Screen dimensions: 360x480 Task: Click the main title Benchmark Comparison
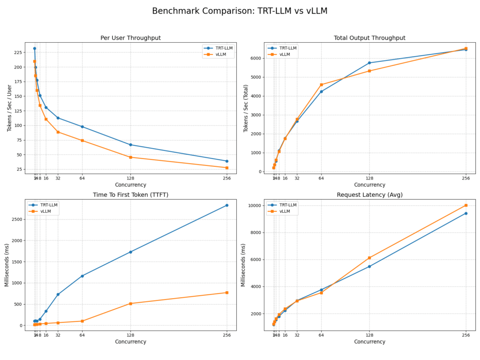point(240,11)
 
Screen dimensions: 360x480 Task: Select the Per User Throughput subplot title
point(130,38)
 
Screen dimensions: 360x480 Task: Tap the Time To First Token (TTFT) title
point(130,195)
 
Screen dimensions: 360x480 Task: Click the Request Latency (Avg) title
point(369,195)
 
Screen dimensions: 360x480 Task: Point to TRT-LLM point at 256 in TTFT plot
point(227,205)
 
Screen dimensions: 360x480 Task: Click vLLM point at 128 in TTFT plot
point(130,304)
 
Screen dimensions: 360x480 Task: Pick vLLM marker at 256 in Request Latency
point(466,205)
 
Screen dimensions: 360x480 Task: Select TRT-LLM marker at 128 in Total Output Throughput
point(369,63)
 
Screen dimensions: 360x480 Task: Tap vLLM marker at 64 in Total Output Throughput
point(321,85)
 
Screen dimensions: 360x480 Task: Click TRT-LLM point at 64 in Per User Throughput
point(82,127)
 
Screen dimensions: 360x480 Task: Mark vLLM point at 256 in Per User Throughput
point(227,168)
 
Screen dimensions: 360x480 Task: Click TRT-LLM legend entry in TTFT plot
point(45,205)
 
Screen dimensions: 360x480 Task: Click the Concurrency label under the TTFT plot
point(130,342)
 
